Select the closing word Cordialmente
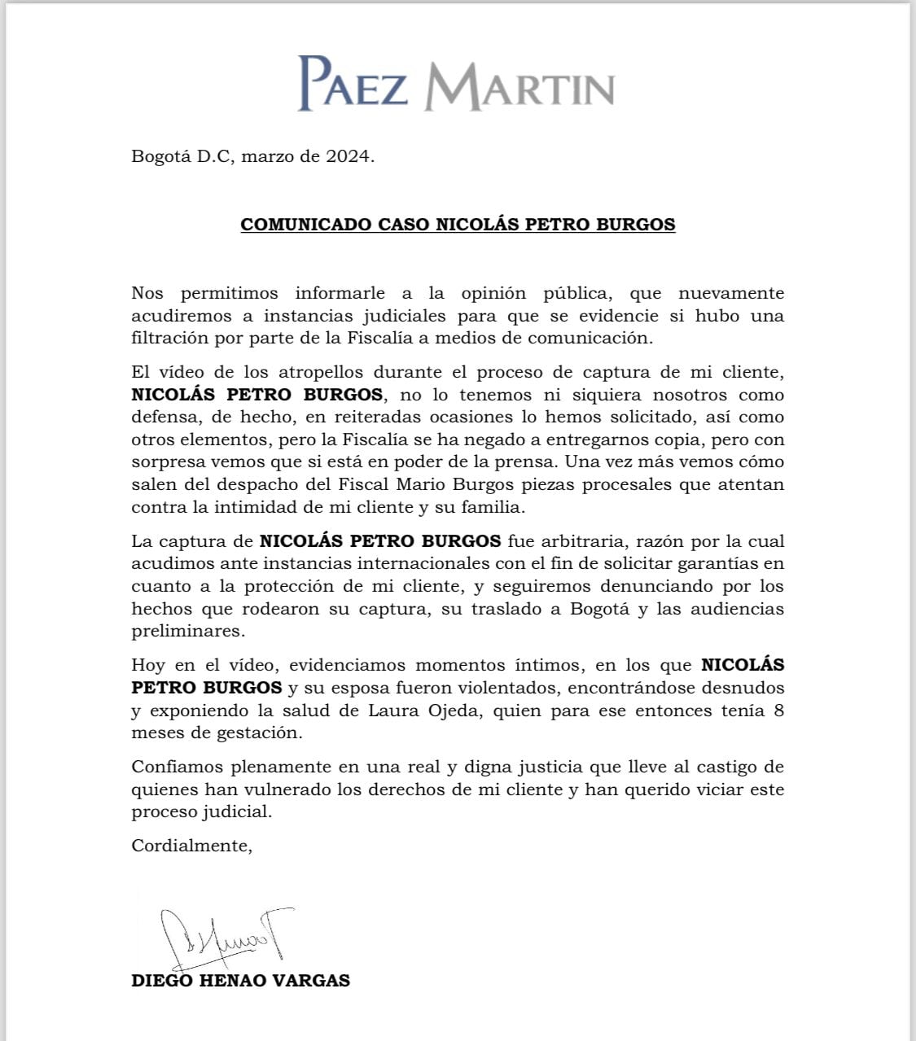[191, 846]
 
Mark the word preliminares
[187, 631]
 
